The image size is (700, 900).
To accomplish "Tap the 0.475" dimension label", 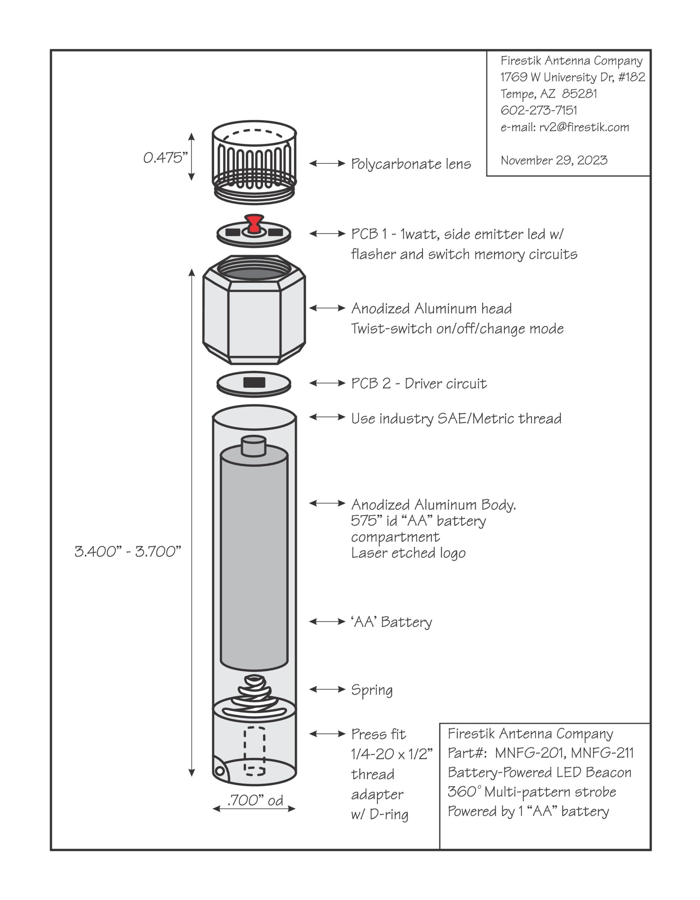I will click(165, 157).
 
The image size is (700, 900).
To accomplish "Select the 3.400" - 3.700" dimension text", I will click(128, 551).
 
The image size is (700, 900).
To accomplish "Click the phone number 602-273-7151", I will click(539, 110).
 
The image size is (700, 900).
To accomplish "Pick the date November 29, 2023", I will click(554, 160).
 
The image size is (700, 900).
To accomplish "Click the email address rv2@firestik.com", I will click(584, 127).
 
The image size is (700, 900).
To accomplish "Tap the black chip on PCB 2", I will click(254, 382).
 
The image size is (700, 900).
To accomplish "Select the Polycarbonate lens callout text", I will click(411, 163).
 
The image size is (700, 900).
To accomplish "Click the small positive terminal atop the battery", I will click(253, 446).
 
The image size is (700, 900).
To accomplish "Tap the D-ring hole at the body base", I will click(220, 771).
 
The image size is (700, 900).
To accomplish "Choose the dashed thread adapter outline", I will click(254, 751).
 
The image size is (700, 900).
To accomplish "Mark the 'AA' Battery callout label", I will click(391, 622).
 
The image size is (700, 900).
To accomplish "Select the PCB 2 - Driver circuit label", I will click(419, 383).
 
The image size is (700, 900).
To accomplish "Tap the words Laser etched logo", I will click(408, 553).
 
